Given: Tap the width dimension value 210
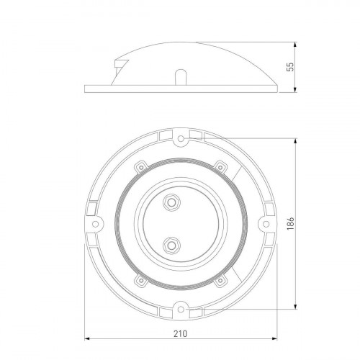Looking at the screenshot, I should pyautogui.click(x=179, y=333).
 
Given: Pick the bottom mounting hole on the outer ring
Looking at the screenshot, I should pyautogui.click(x=180, y=310).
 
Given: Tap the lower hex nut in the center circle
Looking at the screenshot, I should pyautogui.click(x=171, y=246).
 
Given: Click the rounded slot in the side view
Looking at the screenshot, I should pyautogui.click(x=181, y=77).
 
